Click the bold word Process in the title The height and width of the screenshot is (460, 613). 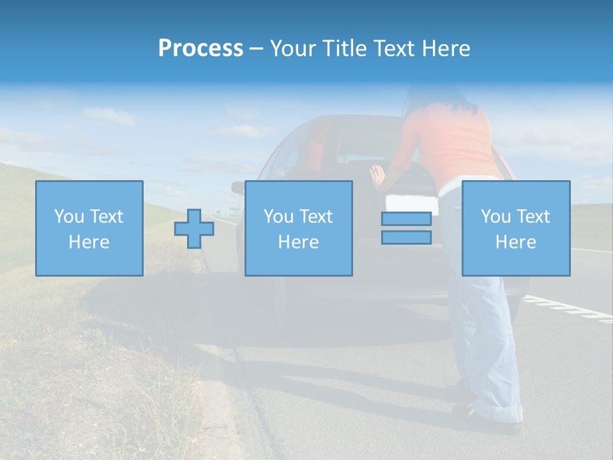click(x=201, y=49)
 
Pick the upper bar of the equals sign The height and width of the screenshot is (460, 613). click(x=406, y=219)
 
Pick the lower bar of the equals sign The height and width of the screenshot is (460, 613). click(x=406, y=237)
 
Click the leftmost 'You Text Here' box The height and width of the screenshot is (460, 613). click(x=89, y=228)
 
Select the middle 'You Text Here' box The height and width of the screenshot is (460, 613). click(x=298, y=228)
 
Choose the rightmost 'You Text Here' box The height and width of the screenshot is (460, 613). click(x=515, y=228)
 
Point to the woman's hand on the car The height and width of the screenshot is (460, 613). click(x=378, y=174)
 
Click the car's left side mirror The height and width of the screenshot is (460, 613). click(x=238, y=187)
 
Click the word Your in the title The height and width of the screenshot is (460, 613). click(x=292, y=49)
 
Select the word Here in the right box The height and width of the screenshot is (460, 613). click(x=515, y=242)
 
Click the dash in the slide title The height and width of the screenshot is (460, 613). click(x=256, y=49)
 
